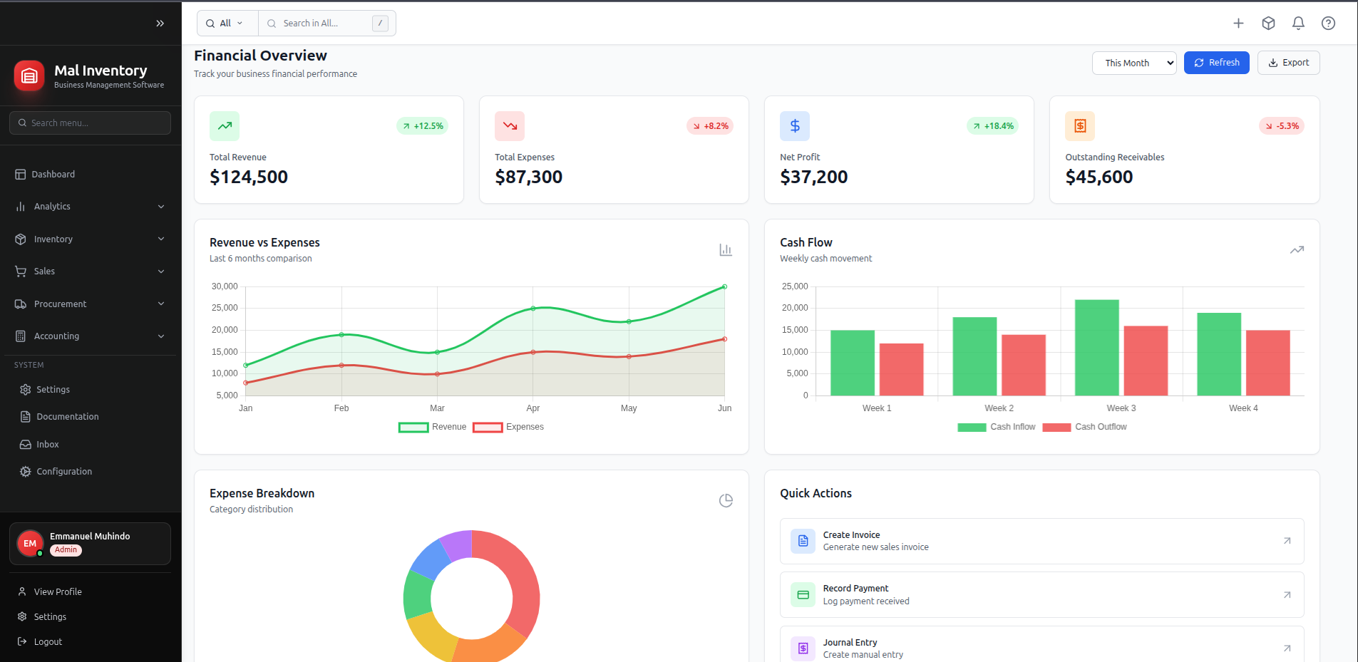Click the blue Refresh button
(x=1216, y=63)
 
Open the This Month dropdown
(x=1133, y=63)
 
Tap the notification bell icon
(x=1298, y=24)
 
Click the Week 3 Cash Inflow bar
(x=1096, y=348)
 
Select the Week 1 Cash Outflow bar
(x=901, y=369)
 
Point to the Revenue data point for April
(x=533, y=309)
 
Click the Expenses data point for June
(x=724, y=339)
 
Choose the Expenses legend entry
(x=508, y=427)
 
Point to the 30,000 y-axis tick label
(x=225, y=286)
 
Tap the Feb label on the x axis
(x=341, y=408)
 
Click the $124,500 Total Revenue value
(x=249, y=177)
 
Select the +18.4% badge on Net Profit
(x=992, y=126)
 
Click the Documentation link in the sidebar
(x=67, y=417)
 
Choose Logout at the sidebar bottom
(x=48, y=642)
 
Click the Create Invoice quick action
(x=1041, y=541)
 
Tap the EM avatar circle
(x=30, y=544)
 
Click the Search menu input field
(x=90, y=123)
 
